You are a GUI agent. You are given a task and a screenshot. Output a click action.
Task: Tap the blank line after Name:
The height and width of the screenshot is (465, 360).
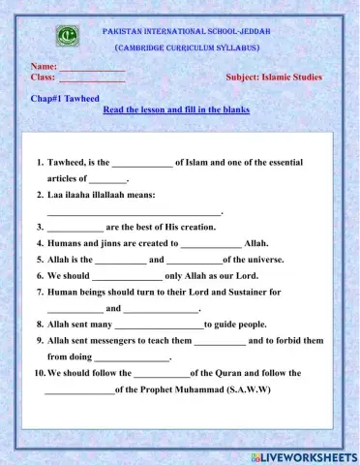(x=93, y=66)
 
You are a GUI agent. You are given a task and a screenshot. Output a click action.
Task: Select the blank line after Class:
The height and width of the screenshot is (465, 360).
(x=92, y=77)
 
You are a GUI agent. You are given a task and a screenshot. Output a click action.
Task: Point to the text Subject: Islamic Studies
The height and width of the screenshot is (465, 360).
(x=274, y=77)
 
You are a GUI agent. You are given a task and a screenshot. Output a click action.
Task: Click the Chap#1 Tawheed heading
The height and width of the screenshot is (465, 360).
(x=64, y=99)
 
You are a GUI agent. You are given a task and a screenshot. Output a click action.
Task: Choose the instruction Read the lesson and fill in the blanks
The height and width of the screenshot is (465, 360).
(x=176, y=109)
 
